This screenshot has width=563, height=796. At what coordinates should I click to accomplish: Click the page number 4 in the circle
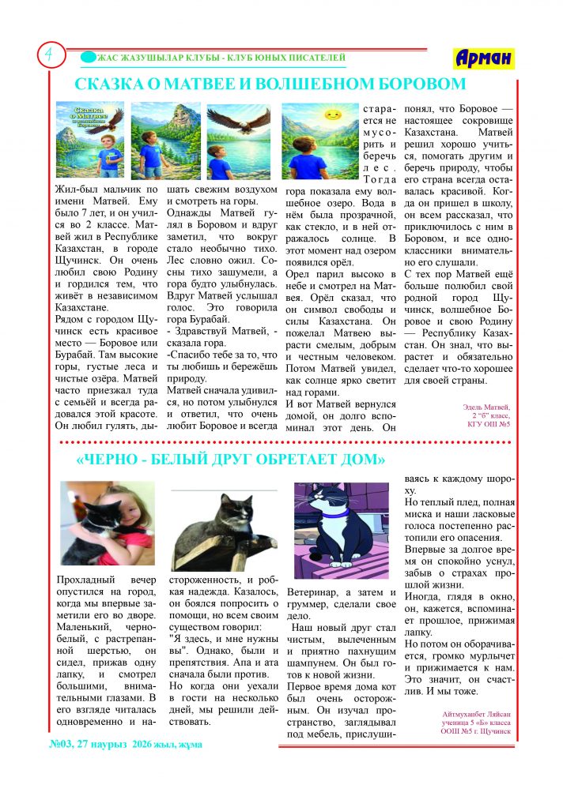(49, 55)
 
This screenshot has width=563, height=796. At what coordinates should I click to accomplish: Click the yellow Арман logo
(483, 58)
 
